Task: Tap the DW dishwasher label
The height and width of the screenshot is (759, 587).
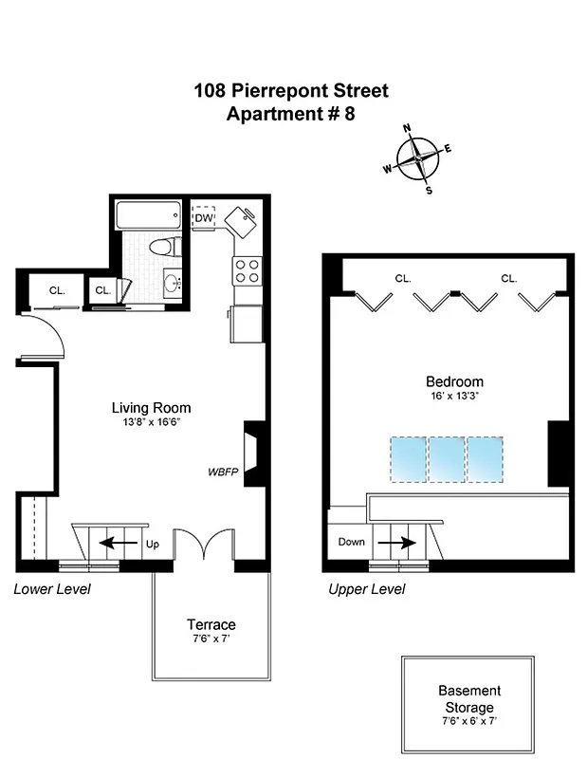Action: tap(204, 218)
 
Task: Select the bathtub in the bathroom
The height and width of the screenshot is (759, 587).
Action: tap(149, 216)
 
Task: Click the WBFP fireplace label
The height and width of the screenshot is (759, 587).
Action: tap(222, 472)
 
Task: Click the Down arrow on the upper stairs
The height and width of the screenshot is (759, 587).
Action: tap(397, 544)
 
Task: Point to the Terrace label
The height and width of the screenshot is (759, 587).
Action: tap(211, 624)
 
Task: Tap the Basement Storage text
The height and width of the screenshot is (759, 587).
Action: tap(468, 699)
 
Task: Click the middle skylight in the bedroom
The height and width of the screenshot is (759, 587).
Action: tap(446, 458)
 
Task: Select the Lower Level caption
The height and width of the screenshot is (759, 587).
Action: tap(52, 589)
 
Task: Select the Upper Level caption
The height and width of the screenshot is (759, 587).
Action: tap(366, 589)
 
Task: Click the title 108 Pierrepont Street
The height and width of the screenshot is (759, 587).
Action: tap(291, 92)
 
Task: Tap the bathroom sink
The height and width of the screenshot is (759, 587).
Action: tap(172, 283)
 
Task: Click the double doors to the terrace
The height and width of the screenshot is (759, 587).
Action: tap(204, 547)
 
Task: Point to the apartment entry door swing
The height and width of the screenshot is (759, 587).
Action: tap(43, 337)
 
